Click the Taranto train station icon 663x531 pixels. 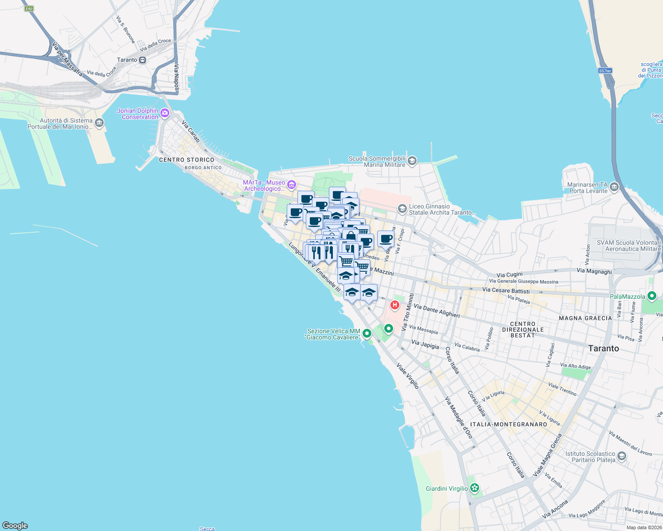[x=142, y=60]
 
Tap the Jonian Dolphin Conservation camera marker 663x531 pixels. [x=165, y=113]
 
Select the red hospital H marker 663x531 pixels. [x=394, y=305]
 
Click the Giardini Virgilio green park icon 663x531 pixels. [x=475, y=489]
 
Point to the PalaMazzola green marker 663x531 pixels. [x=651, y=296]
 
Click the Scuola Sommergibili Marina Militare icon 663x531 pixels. [x=412, y=161]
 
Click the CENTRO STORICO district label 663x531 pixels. [x=187, y=160]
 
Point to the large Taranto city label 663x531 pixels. [x=604, y=348]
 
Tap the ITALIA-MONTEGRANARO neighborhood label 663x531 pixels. [x=509, y=424]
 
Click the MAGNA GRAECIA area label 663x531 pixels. [x=585, y=318]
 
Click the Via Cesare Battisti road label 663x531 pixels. [x=506, y=290]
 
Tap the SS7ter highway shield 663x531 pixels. [x=605, y=71]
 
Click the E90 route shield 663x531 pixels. [x=29, y=9]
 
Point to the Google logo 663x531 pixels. [x=15, y=525]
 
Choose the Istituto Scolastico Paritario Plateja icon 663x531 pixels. [x=622, y=456]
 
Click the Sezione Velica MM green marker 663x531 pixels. [x=367, y=333]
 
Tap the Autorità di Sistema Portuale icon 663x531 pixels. [x=99, y=123]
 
